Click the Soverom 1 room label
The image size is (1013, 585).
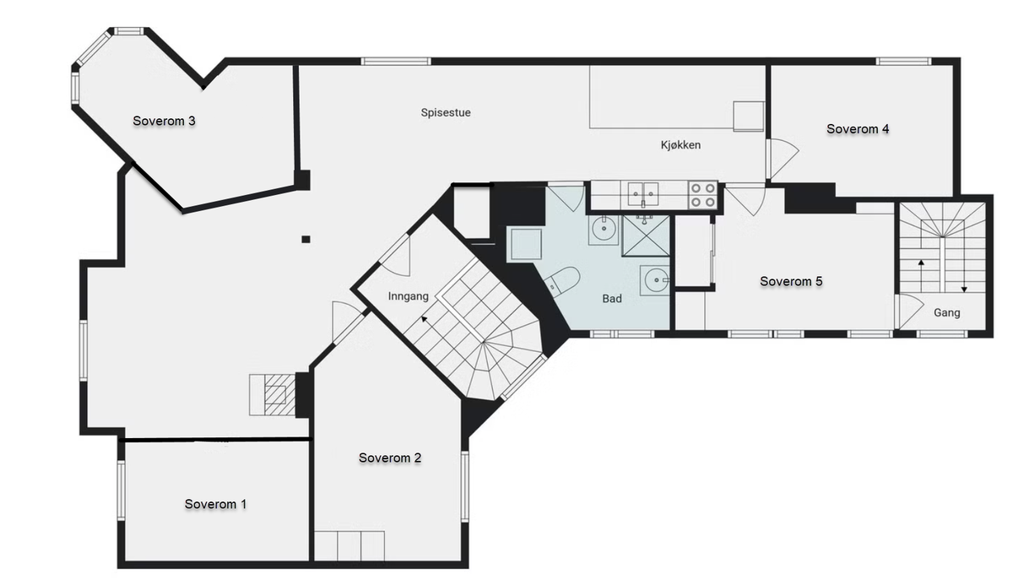pos(215,504)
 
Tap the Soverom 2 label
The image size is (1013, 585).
pos(390,458)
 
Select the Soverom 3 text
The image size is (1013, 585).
pos(164,121)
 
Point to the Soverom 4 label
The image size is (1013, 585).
pos(858,129)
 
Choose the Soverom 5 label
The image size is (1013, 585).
pos(791,281)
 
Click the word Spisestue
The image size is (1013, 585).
pos(446,112)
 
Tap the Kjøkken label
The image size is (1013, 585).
pos(680,144)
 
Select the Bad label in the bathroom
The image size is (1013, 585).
pos(612,298)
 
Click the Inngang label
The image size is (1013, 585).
pos(408,296)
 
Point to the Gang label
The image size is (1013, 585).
pos(947,312)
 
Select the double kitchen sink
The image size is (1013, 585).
pos(642,194)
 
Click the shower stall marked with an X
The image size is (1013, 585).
pos(645,236)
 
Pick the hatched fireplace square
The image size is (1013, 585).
pos(275,395)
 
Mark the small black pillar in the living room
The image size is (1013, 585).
pos(306,239)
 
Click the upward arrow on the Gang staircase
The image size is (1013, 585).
pos(921,276)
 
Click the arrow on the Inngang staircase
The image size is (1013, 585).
pos(424,319)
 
